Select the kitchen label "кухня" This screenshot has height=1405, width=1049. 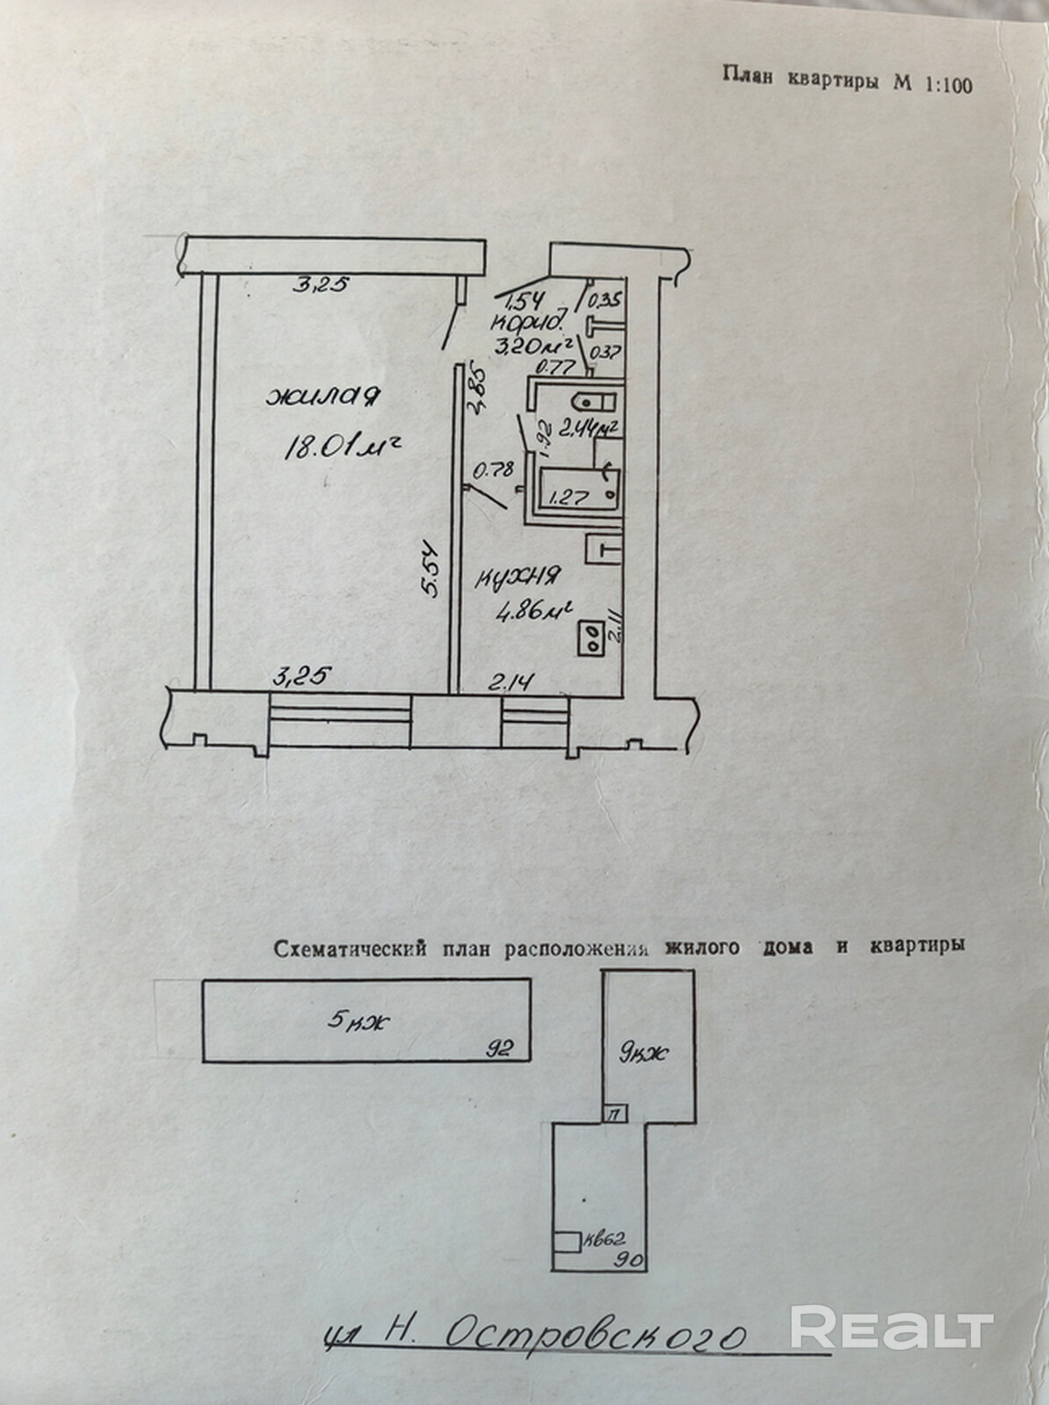pos(518,577)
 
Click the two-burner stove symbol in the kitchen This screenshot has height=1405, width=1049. pos(590,636)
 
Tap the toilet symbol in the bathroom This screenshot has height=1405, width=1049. pos(594,403)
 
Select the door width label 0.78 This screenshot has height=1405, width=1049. pos(493,470)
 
